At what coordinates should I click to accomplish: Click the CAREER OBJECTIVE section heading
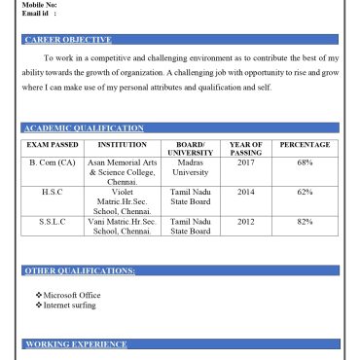67,40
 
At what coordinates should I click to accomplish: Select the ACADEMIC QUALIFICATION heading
84,128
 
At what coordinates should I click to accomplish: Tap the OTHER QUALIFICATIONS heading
79,270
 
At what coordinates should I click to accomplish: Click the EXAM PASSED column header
53,145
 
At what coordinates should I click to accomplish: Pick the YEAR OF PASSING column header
245,149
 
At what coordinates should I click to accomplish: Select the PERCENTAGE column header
305,145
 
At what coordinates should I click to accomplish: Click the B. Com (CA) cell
53,162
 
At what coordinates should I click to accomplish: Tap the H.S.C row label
53,192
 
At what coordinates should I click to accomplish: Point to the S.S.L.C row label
53,222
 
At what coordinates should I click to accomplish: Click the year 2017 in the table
245,162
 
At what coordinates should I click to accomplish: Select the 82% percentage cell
305,222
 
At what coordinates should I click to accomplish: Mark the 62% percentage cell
305,192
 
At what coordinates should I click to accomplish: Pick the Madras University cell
191,167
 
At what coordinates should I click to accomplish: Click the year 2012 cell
245,222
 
